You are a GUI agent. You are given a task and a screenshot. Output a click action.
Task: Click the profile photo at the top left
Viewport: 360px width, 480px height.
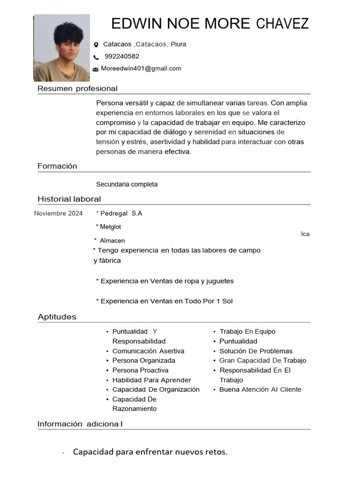tap(61, 48)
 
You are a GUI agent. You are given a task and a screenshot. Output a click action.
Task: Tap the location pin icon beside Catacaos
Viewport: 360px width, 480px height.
tap(96, 45)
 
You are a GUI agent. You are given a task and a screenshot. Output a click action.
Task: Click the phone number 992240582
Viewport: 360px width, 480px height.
tap(122, 56)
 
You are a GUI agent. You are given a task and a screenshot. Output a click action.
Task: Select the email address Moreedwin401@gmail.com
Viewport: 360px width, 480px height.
tap(141, 68)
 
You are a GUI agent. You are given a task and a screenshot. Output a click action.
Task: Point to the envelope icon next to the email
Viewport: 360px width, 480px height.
tap(96, 69)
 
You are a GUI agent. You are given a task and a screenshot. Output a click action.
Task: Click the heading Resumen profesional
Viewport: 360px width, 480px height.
tap(77, 89)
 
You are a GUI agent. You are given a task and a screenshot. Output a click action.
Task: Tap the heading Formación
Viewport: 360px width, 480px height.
tap(57, 166)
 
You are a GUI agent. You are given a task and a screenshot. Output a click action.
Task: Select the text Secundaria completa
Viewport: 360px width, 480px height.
tap(127, 184)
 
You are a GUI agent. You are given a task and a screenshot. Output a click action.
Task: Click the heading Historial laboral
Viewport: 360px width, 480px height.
tap(69, 199)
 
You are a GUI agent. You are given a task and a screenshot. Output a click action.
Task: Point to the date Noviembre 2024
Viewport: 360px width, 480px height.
tap(59, 214)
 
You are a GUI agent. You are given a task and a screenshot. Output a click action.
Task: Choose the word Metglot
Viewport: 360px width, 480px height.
tap(110, 227)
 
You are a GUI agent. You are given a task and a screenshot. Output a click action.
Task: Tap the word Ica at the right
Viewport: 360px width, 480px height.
tap(305, 234)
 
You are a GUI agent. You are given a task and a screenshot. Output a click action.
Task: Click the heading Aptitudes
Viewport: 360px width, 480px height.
tap(57, 317)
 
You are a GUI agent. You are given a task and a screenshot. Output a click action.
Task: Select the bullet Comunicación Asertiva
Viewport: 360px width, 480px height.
tap(148, 351)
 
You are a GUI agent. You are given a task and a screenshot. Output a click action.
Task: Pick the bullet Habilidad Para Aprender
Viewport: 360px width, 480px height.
tap(151, 380)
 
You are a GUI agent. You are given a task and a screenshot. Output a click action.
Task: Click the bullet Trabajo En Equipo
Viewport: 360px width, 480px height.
tap(247, 331)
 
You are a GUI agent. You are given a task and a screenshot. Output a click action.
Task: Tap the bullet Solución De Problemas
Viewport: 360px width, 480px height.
tap(255, 351)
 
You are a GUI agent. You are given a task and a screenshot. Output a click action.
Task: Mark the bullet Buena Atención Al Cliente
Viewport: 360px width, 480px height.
tap(260, 390)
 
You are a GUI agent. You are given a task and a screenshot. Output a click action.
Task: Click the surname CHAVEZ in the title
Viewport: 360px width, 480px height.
tap(283, 23)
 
